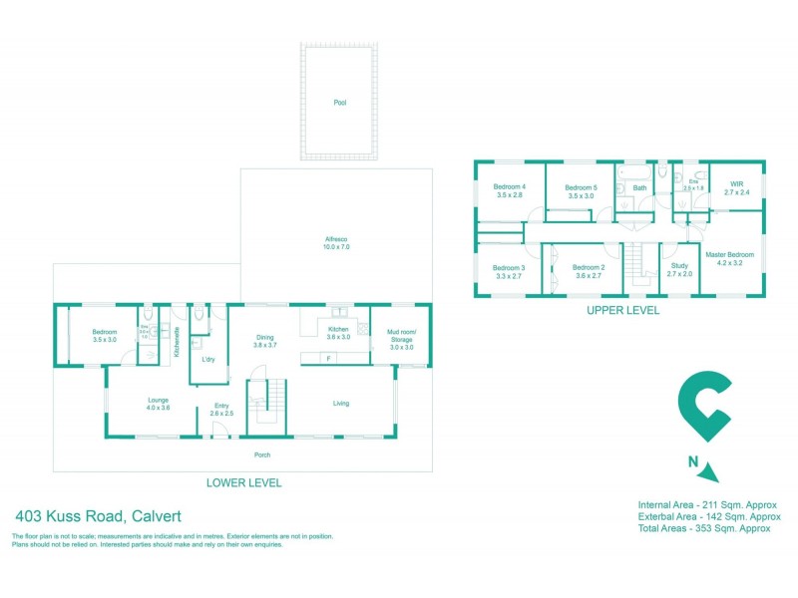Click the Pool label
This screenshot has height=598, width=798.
(x=340, y=103)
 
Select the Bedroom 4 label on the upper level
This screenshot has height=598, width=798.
(x=510, y=191)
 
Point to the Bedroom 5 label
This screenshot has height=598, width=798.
(x=581, y=191)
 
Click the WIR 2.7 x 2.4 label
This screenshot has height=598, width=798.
(x=737, y=188)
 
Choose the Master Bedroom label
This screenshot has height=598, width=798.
(x=730, y=259)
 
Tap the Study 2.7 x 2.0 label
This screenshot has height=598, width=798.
(x=679, y=270)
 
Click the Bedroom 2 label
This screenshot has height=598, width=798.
(x=589, y=271)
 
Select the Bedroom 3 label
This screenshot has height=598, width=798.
(x=509, y=271)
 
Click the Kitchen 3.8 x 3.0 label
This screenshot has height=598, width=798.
(x=338, y=332)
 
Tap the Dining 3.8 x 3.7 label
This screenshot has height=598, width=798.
(x=263, y=340)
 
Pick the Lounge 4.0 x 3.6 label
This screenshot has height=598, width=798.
(x=159, y=404)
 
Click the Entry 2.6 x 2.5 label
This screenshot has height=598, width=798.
(x=222, y=410)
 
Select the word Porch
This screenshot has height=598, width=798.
(x=262, y=455)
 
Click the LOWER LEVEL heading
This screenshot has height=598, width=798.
(x=243, y=483)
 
